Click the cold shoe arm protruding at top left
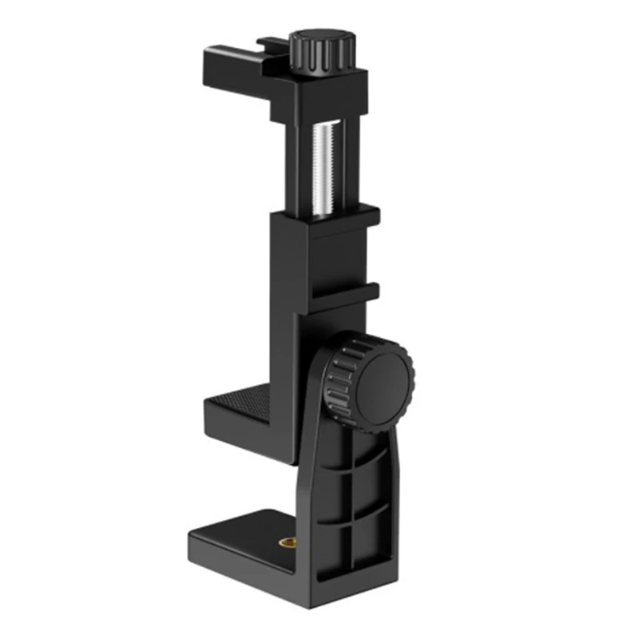232,60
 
